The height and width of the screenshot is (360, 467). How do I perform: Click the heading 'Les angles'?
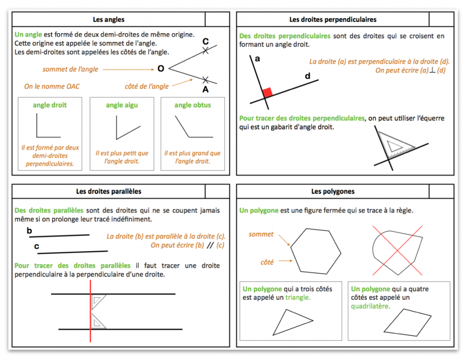coord(109,20)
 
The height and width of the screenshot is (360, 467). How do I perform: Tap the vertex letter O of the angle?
coord(161,69)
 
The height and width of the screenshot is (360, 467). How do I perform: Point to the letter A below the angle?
coord(205,89)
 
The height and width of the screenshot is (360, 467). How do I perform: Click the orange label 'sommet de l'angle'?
coord(70,69)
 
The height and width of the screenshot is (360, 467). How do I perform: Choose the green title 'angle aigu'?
coord(122,105)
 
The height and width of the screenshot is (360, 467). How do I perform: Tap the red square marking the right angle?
coord(268,93)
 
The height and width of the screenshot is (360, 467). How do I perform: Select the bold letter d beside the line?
coord(307,76)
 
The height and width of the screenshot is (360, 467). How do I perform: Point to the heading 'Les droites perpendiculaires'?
coord(333,20)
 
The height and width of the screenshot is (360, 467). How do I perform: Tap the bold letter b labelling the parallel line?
coord(29,231)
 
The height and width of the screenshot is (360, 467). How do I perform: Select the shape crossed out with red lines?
coord(397,250)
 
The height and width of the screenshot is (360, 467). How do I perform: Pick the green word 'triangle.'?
coord(298,297)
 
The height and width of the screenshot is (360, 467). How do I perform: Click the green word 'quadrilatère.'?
coord(370,306)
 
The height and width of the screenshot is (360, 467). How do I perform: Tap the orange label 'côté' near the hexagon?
coord(267,262)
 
